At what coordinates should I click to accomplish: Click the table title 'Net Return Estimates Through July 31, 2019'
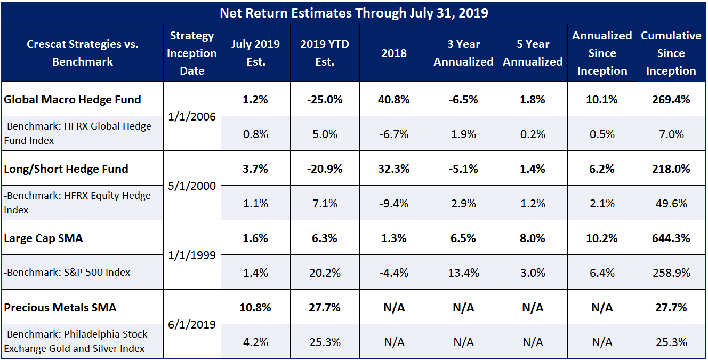click(x=353, y=13)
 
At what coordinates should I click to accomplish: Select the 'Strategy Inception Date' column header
click(x=192, y=53)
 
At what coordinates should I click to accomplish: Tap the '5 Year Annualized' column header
click(x=533, y=53)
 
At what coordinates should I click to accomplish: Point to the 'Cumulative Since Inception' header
click(x=671, y=53)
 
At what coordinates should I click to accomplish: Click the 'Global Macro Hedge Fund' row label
click(x=73, y=100)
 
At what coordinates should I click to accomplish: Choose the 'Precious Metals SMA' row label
click(x=60, y=308)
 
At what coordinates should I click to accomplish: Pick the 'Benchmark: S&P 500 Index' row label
click(x=67, y=273)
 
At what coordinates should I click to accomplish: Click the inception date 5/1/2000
click(x=192, y=186)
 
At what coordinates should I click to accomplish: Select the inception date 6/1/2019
click(x=192, y=325)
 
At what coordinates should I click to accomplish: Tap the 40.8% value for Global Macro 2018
click(x=394, y=100)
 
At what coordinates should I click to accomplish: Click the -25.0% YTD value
click(x=325, y=100)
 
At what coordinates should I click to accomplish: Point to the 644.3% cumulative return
click(x=671, y=238)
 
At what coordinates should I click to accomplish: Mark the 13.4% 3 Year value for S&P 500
click(x=463, y=273)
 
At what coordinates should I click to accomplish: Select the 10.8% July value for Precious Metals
click(x=255, y=308)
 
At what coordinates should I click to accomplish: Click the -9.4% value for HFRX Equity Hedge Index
click(x=394, y=204)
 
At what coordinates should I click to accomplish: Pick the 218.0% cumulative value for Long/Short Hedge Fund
click(x=671, y=169)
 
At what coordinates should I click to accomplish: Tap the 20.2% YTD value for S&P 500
click(x=325, y=273)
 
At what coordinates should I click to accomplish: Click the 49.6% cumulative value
click(x=671, y=204)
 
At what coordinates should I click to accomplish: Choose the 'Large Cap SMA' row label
click(x=43, y=238)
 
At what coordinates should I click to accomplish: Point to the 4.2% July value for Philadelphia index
click(x=255, y=342)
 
